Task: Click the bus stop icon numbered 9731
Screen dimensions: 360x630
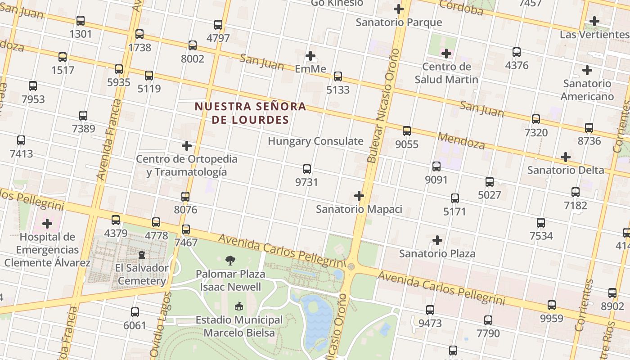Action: pos(307,169)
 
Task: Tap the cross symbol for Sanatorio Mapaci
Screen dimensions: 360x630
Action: pos(359,196)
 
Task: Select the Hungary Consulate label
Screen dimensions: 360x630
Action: pos(315,141)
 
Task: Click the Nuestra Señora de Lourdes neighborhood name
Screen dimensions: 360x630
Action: pos(250,113)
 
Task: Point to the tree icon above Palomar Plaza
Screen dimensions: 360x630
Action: pos(230,260)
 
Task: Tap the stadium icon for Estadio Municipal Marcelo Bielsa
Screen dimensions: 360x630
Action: pos(238,306)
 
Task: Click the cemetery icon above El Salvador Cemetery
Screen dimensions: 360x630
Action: pos(142,255)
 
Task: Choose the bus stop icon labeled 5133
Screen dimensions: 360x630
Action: pos(338,76)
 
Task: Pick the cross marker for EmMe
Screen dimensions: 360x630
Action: pos(310,56)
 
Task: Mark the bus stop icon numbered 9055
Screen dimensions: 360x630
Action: pos(407,131)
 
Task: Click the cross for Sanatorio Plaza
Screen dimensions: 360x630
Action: pos(437,240)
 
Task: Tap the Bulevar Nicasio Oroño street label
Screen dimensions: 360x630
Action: pos(383,106)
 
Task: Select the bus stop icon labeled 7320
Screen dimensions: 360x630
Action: pos(536,119)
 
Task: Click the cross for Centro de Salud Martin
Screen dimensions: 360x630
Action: pos(446,54)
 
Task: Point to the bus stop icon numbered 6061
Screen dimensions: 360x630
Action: pos(135,312)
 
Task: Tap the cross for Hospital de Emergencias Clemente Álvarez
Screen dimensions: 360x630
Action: pos(47,223)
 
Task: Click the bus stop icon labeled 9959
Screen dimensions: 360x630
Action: pos(552,305)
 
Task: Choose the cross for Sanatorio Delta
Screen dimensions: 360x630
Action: pos(566,157)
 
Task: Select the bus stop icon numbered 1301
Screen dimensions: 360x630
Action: pos(81,21)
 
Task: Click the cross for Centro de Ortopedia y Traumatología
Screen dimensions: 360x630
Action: pos(186,146)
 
